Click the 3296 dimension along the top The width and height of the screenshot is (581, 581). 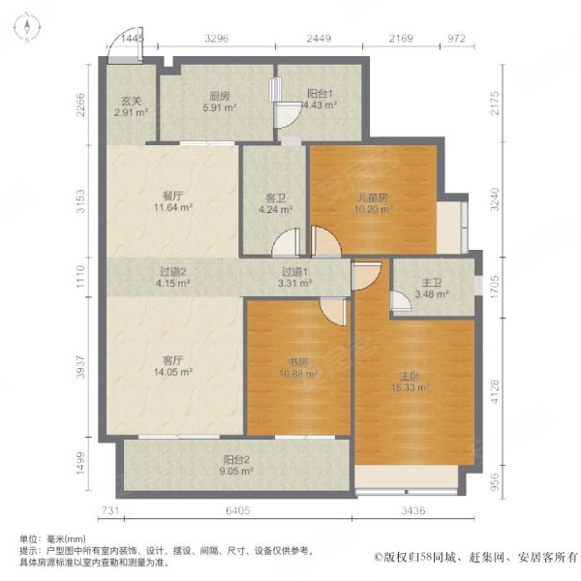[215, 40]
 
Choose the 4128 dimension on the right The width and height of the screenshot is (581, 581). [497, 391]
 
